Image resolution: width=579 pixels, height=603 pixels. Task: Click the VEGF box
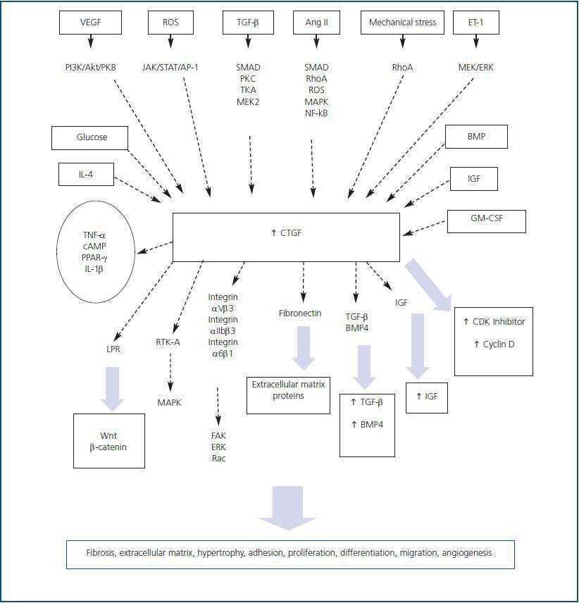pyautogui.click(x=90, y=23)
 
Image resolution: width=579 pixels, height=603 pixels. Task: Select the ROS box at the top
pyautogui.click(x=170, y=23)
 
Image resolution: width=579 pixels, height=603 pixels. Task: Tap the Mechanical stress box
pyautogui.click(x=402, y=23)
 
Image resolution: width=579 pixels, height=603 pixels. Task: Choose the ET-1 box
pyautogui.click(x=477, y=23)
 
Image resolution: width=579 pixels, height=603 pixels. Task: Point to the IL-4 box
pyautogui.click(x=86, y=174)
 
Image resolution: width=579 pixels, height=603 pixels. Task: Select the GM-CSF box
pyautogui.click(x=486, y=221)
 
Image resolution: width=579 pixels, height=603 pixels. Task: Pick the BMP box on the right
pyautogui.click(x=475, y=137)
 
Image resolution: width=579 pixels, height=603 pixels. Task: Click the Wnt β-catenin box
pyautogui.click(x=109, y=441)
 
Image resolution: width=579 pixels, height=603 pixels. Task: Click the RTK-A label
pyautogui.click(x=168, y=342)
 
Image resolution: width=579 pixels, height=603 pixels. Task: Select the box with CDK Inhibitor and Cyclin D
pyautogui.click(x=493, y=342)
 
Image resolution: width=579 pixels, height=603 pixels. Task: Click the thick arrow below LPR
pyautogui.click(x=112, y=387)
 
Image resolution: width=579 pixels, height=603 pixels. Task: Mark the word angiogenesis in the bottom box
pyautogui.click(x=468, y=553)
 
